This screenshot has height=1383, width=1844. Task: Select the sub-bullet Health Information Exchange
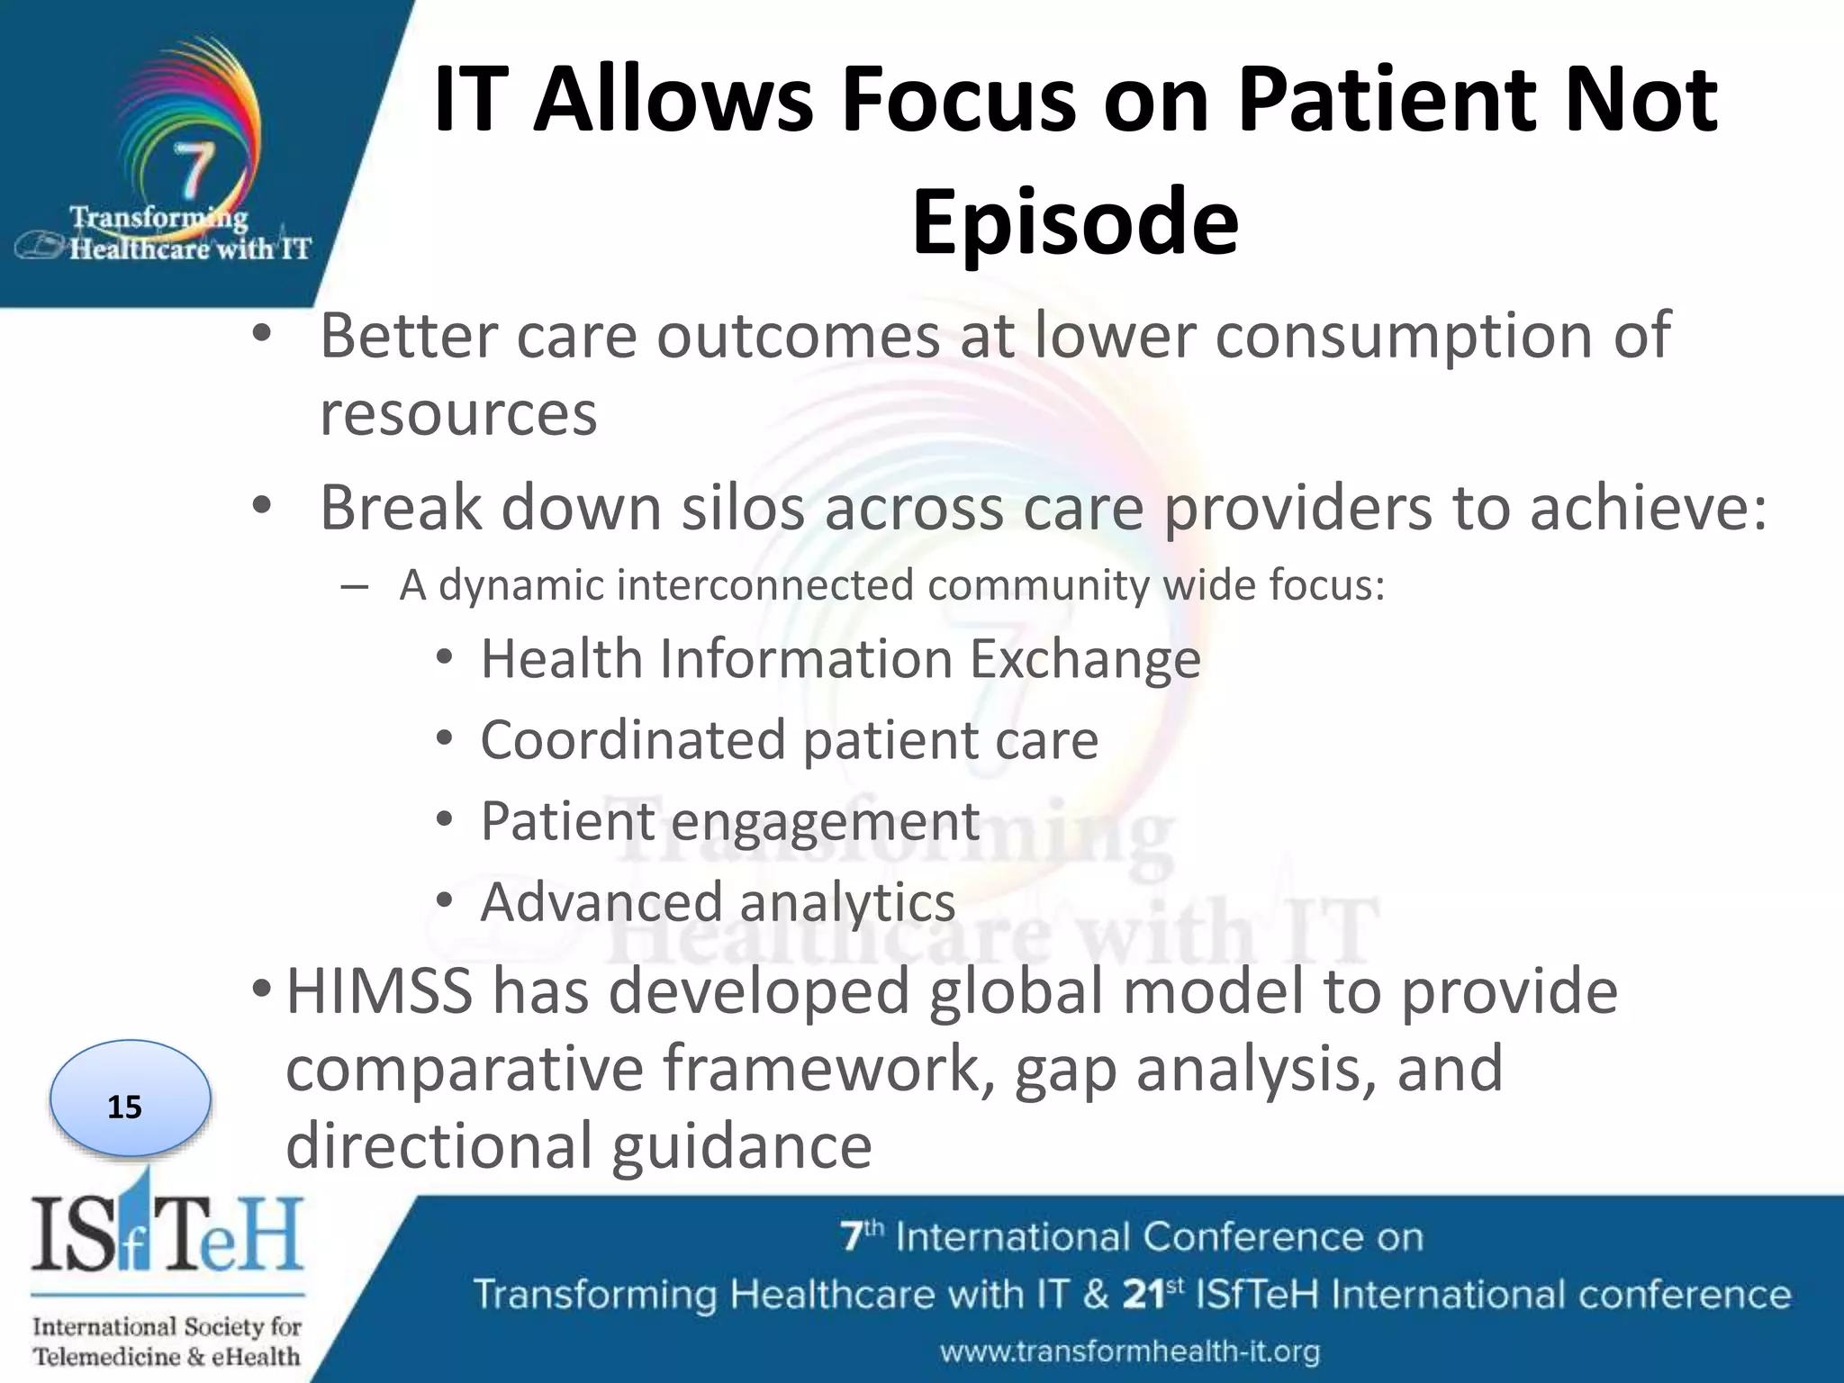(x=839, y=659)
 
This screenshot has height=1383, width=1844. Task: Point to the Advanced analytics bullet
(x=717, y=902)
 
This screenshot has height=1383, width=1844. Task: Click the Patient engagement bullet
(x=729, y=821)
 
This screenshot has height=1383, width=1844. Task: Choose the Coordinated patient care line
(x=789, y=740)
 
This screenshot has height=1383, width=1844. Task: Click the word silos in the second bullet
(x=742, y=509)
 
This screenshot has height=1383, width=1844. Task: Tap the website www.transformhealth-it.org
(x=1130, y=1351)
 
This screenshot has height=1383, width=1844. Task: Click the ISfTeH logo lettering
(x=167, y=1234)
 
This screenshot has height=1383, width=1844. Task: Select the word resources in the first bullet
(x=458, y=414)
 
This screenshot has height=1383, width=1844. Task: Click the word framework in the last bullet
(x=827, y=1070)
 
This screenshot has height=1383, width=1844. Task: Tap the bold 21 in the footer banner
(x=1143, y=1295)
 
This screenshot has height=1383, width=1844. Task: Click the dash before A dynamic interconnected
(x=355, y=587)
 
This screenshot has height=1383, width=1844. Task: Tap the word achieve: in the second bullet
(x=1649, y=509)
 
